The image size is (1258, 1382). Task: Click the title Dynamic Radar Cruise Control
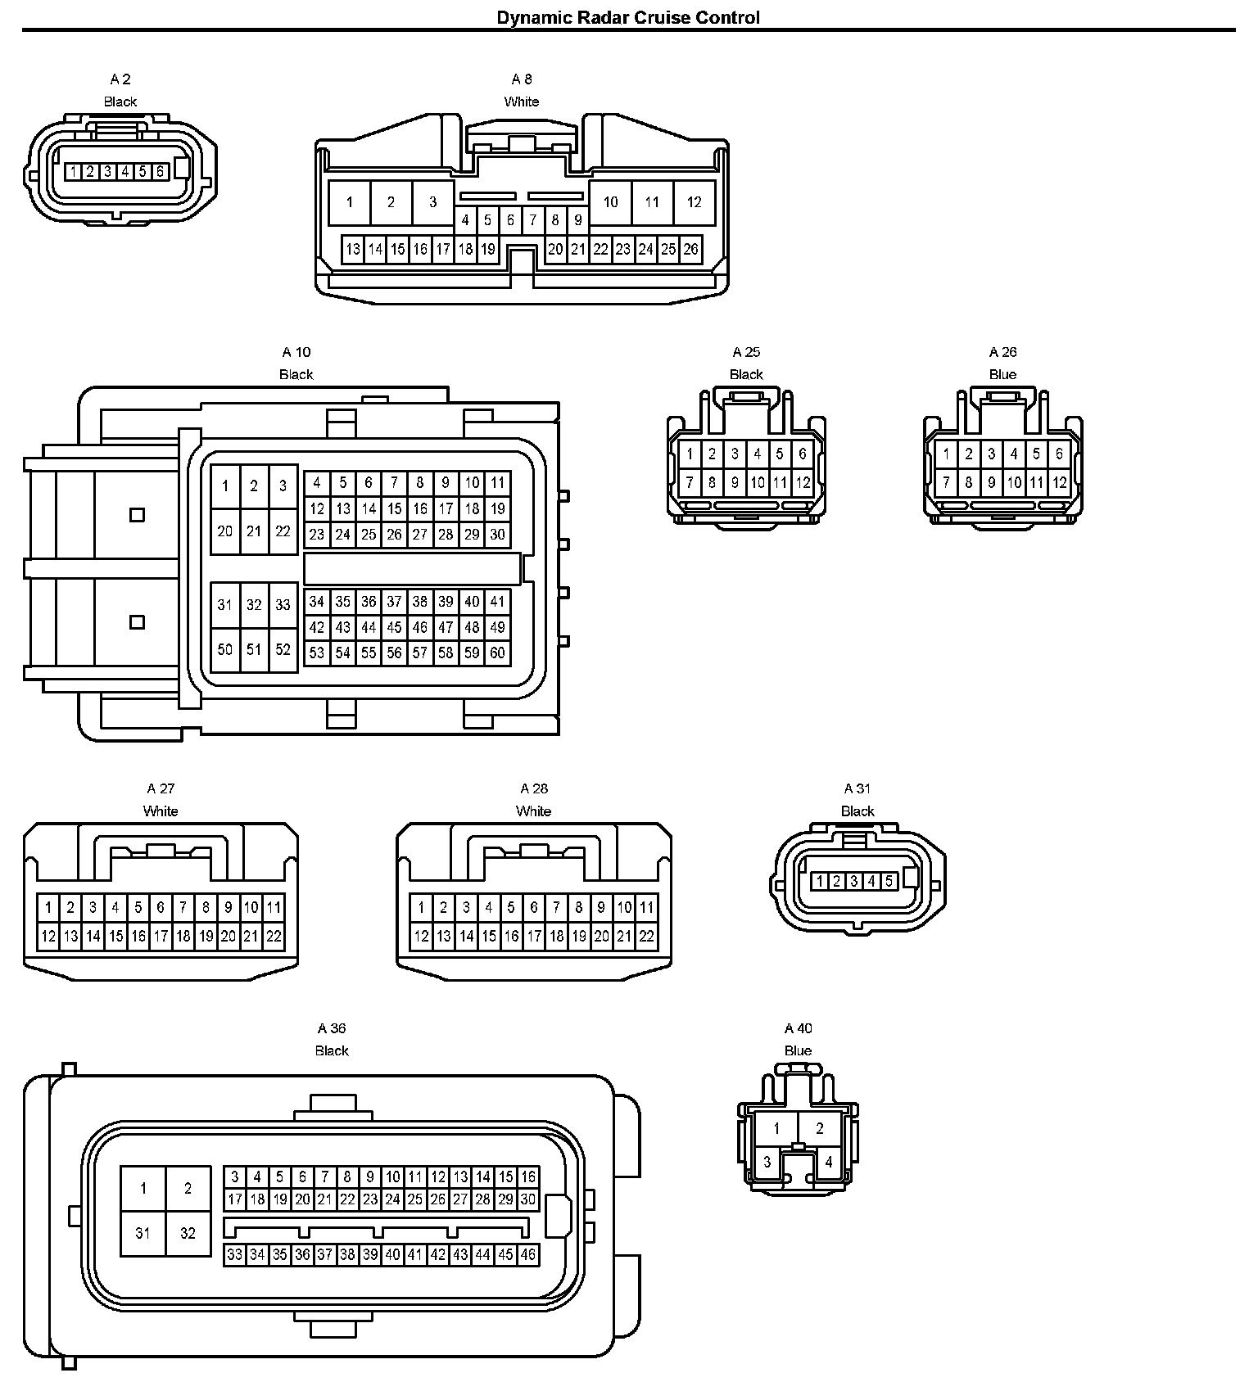628,17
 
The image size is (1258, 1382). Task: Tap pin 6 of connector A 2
160,172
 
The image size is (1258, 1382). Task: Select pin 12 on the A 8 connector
694,202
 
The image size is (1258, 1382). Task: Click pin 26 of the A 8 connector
690,249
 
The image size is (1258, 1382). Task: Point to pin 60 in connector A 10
497,653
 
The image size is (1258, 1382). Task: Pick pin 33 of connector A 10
283,605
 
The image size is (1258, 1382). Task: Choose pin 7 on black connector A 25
690,482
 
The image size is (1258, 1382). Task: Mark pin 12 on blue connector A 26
1059,482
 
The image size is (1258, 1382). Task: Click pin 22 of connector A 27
274,936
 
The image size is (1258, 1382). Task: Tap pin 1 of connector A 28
421,907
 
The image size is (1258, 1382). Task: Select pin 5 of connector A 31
889,881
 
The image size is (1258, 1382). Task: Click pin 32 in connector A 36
188,1232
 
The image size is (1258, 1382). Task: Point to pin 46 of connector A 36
528,1253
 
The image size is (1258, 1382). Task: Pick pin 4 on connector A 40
829,1161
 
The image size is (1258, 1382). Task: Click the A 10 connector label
296,352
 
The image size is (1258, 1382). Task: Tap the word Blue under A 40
798,1050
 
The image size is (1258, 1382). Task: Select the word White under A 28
533,811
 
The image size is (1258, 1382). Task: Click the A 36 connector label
332,1028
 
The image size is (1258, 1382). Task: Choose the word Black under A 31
858,811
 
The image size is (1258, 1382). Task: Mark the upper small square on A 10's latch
138,515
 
